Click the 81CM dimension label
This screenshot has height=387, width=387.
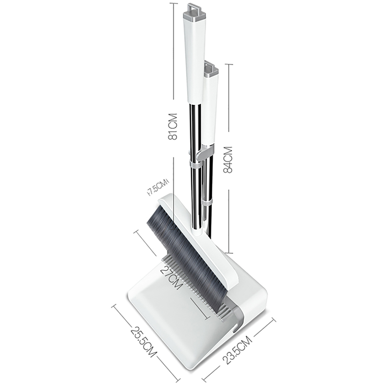(x=173, y=127)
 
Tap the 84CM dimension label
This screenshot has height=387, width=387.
(x=228, y=160)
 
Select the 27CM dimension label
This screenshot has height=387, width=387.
(x=172, y=277)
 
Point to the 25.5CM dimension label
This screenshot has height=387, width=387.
(x=144, y=342)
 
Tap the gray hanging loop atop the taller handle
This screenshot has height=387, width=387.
(x=194, y=8)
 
